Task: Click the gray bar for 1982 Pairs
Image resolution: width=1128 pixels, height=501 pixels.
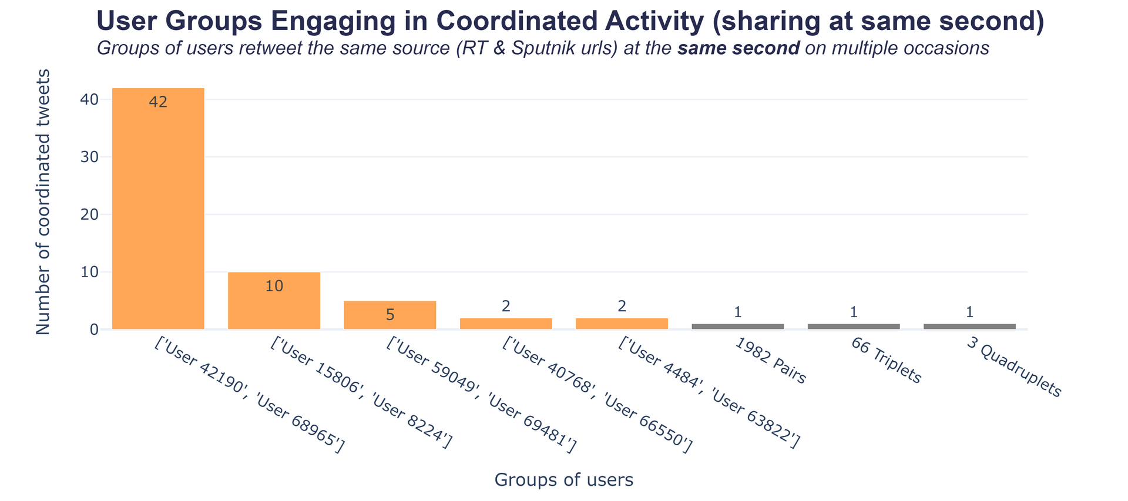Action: click(x=737, y=327)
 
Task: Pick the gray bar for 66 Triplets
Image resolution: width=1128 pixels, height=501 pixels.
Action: click(x=854, y=327)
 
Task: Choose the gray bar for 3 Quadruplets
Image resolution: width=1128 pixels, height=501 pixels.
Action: click(x=969, y=327)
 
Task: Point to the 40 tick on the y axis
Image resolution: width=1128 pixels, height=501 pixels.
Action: click(x=89, y=99)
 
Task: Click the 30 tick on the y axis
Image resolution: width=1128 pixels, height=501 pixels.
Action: click(x=89, y=157)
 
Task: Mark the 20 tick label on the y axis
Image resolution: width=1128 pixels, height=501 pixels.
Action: click(x=89, y=214)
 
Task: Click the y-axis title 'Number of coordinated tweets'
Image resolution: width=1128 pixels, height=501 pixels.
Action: click(x=43, y=202)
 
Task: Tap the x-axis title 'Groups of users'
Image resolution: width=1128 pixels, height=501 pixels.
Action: click(x=564, y=480)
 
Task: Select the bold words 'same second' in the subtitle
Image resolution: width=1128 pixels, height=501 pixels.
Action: click(x=738, y=48)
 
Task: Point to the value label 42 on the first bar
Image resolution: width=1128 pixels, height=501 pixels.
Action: click(x=158, y=102)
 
